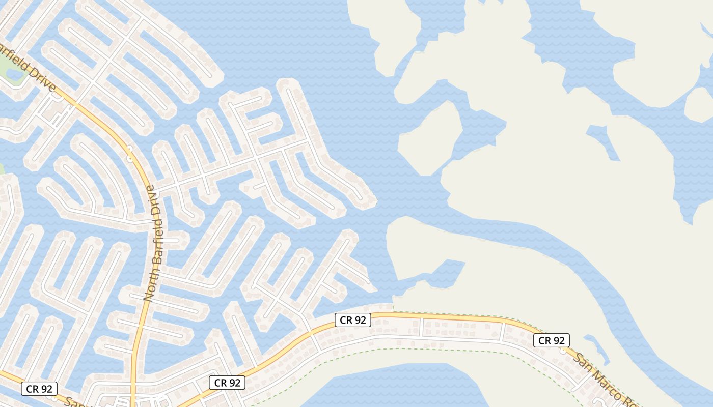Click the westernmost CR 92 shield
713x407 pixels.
pos(39,389)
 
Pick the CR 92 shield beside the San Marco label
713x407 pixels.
pos(551,340)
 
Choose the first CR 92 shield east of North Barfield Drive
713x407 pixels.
pos(227,383)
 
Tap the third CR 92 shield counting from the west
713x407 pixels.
pos(352,320)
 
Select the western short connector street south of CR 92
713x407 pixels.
pos(421,327)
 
